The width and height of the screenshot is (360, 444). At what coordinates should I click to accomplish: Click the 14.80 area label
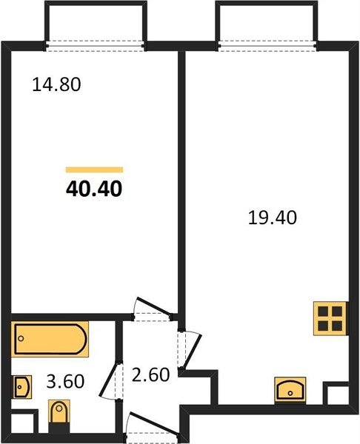(56, 84)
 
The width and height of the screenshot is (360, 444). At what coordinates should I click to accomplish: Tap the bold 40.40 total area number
(94, 189)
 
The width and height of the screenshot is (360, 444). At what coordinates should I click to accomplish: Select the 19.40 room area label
(273, 218)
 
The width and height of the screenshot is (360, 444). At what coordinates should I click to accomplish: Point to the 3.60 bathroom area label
(65, 381)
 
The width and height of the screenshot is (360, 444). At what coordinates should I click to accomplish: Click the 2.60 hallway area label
(151, 374)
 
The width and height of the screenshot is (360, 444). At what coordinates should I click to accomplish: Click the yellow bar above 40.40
(94, 169)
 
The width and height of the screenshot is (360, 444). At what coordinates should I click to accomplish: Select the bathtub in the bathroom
(50, 339)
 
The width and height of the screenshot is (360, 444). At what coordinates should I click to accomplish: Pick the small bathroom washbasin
(21, 387)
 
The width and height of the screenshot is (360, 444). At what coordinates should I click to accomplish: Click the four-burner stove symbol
(330, 318)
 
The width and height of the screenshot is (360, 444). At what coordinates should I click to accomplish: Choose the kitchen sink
(290, 390)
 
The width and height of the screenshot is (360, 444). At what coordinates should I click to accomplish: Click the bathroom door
(111, 381)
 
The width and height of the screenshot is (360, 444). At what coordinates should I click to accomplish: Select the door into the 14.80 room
(153, 309)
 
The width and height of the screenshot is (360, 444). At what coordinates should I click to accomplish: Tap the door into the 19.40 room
(190, 350)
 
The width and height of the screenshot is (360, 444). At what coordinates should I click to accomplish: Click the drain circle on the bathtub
(21, 338)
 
